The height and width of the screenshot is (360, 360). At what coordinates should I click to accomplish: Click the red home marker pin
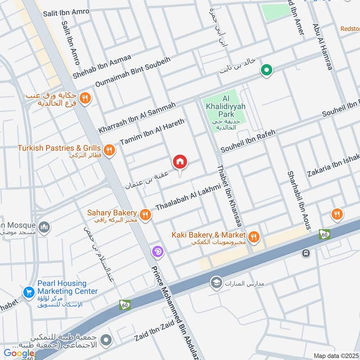point(180,162)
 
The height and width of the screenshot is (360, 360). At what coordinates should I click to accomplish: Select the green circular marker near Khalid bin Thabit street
point(267,70)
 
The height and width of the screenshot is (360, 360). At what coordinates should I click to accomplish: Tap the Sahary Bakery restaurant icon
point(144,215)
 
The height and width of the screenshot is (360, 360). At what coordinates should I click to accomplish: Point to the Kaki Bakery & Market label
point(208,235)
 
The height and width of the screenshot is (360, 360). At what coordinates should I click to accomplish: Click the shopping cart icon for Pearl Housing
point(29,292)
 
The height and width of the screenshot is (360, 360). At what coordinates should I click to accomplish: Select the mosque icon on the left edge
point(44,227)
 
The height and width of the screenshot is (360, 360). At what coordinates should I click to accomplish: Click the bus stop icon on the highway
point(306,253)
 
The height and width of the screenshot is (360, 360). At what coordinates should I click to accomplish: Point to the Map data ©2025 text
point(336,355)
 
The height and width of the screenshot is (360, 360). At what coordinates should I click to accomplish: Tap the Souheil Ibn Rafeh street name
point(247,141)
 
